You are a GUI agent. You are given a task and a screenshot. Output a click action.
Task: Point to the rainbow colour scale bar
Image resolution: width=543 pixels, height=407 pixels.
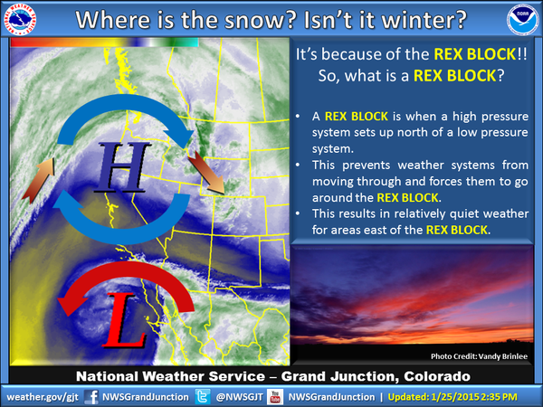[104, 42]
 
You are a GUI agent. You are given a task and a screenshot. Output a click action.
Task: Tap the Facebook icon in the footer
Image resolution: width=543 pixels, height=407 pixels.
[91, 396]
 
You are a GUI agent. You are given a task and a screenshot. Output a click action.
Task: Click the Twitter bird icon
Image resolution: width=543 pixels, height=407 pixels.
[205, 396]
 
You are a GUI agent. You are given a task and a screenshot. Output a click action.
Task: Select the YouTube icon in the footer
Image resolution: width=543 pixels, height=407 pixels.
[274, 396]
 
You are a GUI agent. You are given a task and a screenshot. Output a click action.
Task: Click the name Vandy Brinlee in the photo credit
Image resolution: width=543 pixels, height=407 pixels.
[502, 356]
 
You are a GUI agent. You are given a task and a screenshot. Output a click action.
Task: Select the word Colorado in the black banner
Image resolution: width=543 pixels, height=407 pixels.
[433, 375]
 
